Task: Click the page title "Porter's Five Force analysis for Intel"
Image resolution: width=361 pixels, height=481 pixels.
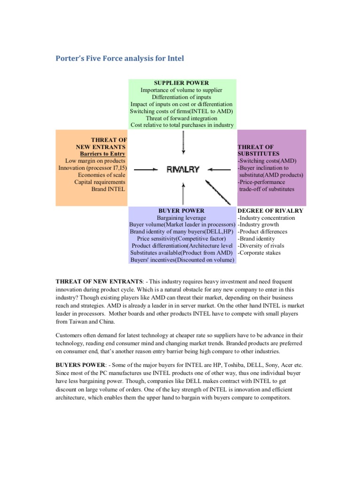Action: click(120, 59)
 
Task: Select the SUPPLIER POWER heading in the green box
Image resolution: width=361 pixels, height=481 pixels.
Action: click(181, 83)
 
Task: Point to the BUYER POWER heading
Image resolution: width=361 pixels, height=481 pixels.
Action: click(181, 211)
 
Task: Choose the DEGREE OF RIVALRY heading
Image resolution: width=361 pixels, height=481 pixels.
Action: click(270, 211)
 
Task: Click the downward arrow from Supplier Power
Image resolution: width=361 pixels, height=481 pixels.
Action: click(183, 142)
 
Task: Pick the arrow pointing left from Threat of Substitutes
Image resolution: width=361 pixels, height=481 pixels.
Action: click(220, 170)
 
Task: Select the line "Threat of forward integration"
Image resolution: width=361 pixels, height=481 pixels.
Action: click(181, 118)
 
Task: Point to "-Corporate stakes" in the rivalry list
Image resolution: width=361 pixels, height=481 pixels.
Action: click(259, 253)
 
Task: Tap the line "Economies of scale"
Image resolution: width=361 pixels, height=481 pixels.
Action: click(102, 175)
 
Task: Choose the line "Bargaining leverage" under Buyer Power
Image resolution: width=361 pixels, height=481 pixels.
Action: click(181, 218)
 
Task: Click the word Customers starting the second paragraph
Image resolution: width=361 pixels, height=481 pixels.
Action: click(70, 336)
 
